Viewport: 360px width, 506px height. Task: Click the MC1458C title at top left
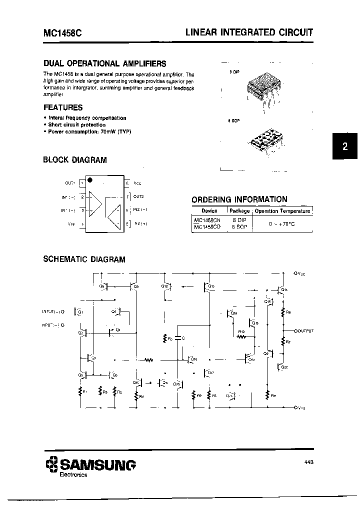point(62,33)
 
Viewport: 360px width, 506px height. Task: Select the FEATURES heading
point(63,107)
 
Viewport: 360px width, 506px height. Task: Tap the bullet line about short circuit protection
point(76,125)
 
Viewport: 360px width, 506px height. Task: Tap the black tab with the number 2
point(345,147)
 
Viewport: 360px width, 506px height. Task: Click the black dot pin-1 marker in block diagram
point(90,180)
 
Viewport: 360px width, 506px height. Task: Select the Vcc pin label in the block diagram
point(137,183)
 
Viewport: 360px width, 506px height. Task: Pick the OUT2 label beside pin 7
point(138,196)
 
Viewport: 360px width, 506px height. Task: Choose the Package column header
point(239,211)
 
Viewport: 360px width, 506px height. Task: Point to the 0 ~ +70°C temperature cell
point(281,224)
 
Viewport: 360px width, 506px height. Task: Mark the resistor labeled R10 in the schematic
point(241,336)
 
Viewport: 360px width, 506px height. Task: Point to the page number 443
point(308,463)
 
